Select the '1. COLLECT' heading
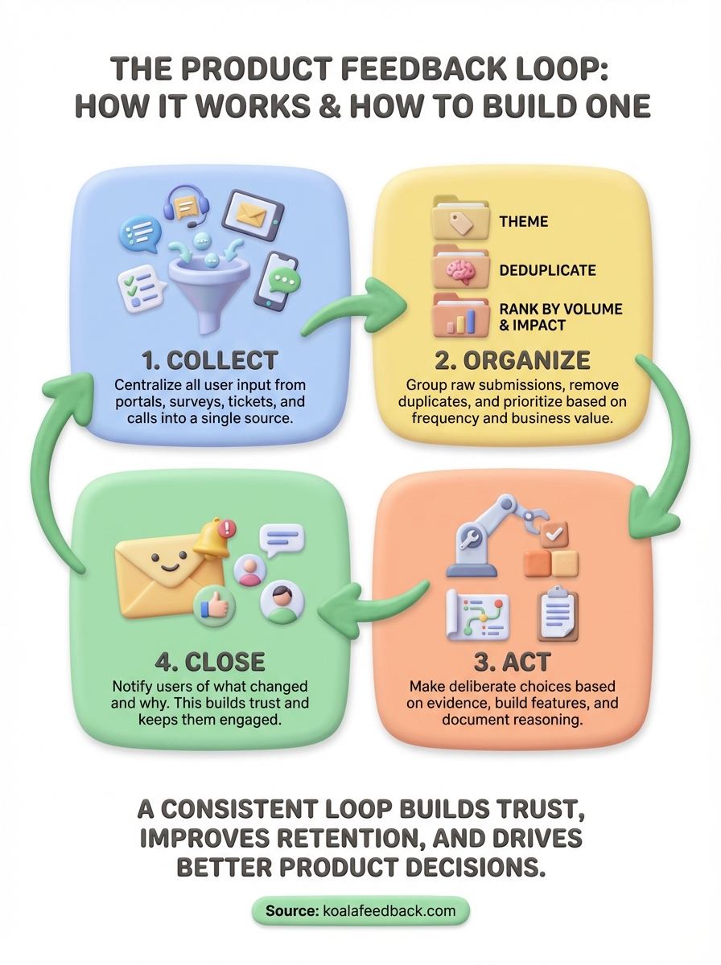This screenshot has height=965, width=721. (x=198, y=359)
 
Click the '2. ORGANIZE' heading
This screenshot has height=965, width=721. (x=505, y=359)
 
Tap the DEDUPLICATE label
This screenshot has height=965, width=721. (x=547, y=269)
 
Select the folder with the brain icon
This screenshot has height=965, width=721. (x=461, y=269)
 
